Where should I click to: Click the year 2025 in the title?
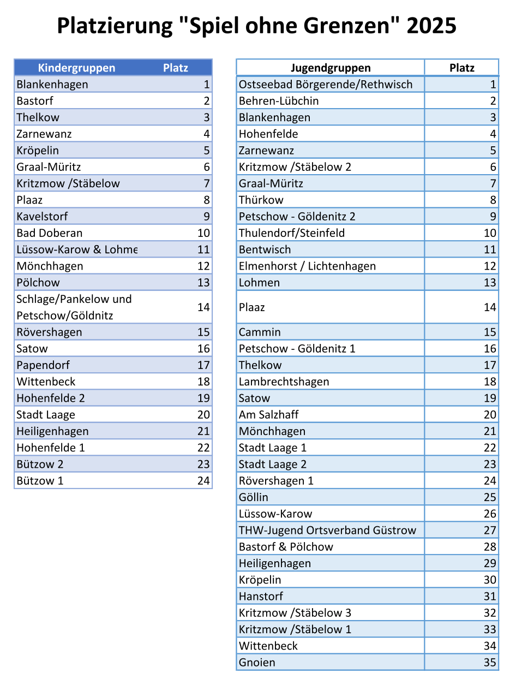[431, 26]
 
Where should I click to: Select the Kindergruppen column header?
[76, 68]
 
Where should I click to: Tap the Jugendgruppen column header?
[331, 68]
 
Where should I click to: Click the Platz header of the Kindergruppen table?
[176, 68]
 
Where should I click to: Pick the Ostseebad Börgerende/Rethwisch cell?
[326, 85]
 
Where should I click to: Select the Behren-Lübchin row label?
[279, 101]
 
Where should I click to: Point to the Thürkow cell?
[261, 200]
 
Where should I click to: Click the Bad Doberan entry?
[50, 233]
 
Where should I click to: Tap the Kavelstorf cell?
[43, 217]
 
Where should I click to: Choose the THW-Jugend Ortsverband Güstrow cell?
[327, 530]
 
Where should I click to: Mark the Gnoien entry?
[257, 662]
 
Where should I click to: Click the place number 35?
[490, 662]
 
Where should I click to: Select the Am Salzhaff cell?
[269, 414]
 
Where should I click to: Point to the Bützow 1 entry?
[40, 480]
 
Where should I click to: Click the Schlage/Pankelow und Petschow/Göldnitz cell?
[74, 307]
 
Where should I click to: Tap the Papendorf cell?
[43, 365]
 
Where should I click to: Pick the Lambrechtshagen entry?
[284, 382]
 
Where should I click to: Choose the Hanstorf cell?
[261, 596]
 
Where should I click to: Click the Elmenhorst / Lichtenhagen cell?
[307, 266]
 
